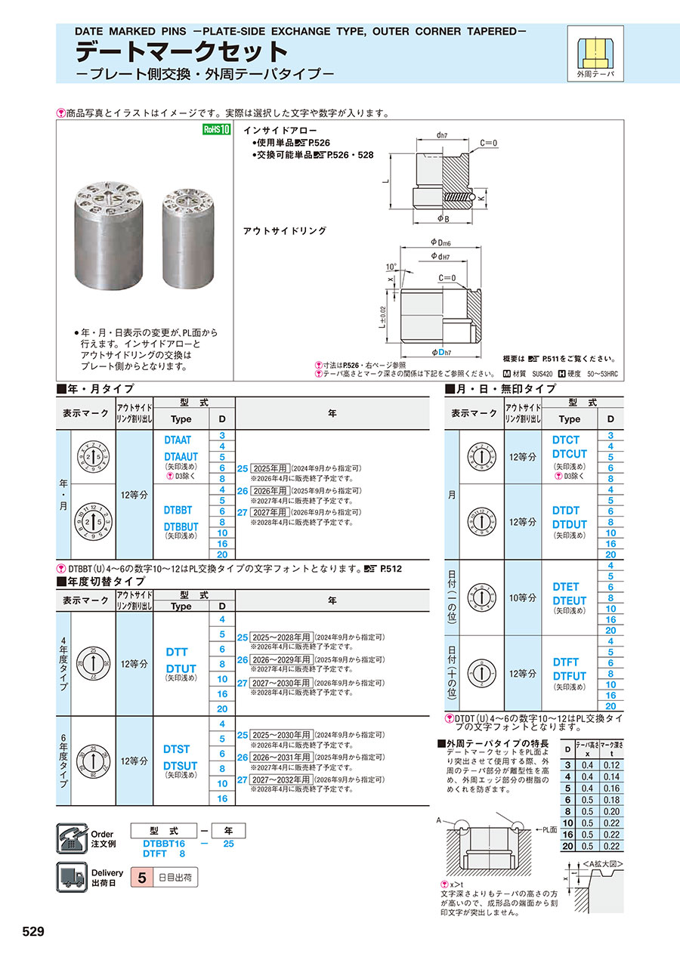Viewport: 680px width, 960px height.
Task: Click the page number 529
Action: tap(34, 931)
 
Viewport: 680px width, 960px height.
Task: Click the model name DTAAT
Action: tap(178, 440)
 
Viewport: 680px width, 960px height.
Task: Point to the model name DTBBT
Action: tap(178, 510)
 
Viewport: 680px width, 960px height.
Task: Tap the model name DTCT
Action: tap(566, 440)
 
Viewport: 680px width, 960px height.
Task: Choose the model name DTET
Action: tap(566, 587)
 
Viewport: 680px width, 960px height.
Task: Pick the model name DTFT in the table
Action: tap(566, 662)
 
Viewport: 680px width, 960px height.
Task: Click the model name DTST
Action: tap(177, 749)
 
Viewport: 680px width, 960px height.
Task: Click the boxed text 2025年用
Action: tap(272, 468)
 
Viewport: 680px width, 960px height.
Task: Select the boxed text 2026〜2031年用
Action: tap(282, 757)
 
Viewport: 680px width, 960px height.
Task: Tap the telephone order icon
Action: tap(73, 839)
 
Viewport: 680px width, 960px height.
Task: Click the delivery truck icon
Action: tap(73, 878)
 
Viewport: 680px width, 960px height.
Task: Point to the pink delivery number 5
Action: tap(141, 878)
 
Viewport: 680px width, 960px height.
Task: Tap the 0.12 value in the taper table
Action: tap(611, 765)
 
